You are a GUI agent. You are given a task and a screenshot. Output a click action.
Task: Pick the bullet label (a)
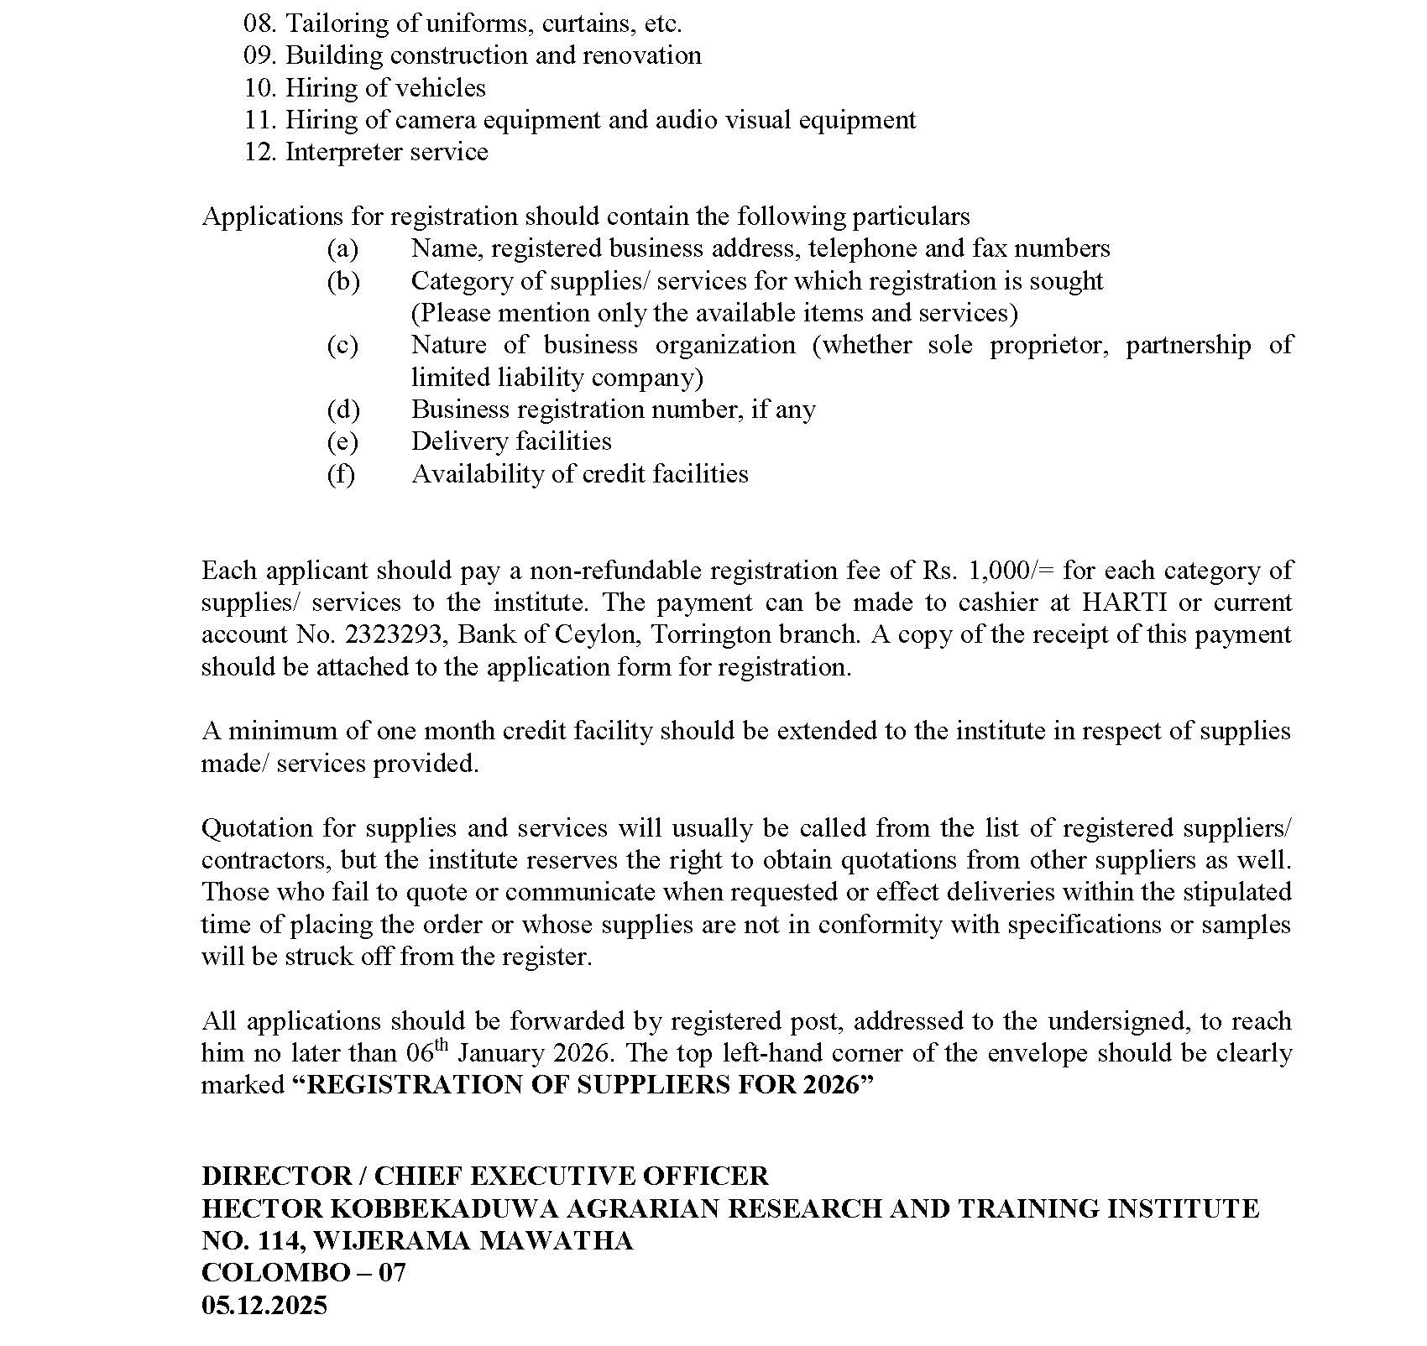342,248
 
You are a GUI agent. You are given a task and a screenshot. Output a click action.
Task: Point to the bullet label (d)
342,410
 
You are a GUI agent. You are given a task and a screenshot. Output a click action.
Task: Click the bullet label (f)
341,474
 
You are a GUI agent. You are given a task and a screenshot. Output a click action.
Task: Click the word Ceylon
598,634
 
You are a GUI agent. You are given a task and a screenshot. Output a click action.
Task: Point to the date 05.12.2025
264,1305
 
